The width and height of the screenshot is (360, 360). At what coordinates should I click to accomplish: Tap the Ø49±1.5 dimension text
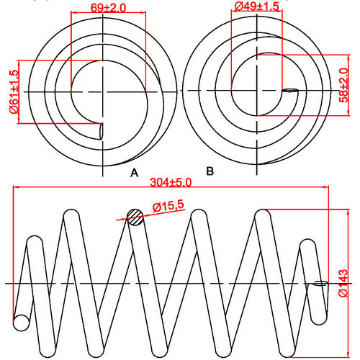click(256, 6)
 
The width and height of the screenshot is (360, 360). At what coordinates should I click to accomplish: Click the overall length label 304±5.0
click(172, 182)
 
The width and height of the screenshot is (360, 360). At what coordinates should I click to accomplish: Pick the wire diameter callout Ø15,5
click(168, 206)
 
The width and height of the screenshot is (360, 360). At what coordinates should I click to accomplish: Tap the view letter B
click(210, 171)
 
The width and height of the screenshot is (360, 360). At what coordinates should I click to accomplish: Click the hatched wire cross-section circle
click(135, 217)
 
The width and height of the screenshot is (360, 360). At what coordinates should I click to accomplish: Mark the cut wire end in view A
click(100, 131)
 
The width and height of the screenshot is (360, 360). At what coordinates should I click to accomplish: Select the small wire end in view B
click(289, 91)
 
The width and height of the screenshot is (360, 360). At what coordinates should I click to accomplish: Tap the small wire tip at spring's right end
click(318, 284)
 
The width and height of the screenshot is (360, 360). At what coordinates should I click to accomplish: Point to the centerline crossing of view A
click(105, 90)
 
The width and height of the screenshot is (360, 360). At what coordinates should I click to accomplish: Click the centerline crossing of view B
click(258, 90)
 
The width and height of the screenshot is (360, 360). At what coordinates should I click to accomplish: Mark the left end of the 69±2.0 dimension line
click(72, 14)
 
